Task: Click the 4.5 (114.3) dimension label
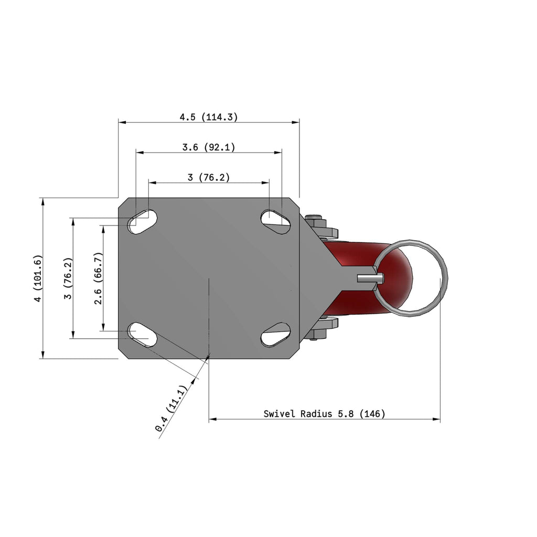(209, 117)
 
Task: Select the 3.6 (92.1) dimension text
(209, 147)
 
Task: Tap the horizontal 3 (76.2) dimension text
(209, 177)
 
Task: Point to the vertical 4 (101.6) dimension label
(38, 278)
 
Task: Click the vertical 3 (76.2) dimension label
(68, 278)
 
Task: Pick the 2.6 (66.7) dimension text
(98, 278)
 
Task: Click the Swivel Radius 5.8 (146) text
(324, 414)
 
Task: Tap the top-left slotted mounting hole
(142, 222)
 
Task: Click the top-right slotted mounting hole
(276, 222)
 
